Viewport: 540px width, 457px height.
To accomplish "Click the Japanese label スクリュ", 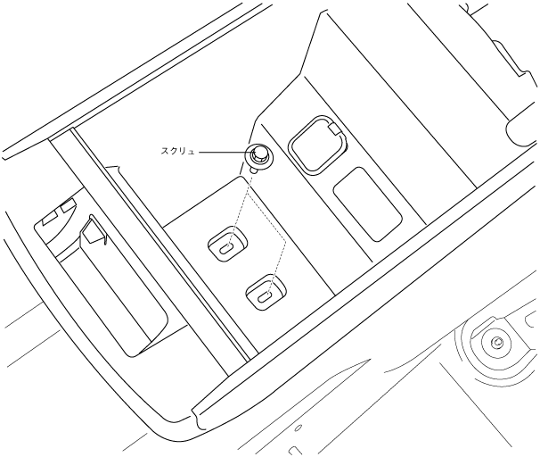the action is pos(176,154).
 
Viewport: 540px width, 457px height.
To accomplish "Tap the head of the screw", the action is pos(259,154).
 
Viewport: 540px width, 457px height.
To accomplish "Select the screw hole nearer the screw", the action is pos(228,243).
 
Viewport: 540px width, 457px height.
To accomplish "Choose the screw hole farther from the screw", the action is pos(265,291).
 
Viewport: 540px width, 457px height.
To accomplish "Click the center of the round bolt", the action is pos(496,342).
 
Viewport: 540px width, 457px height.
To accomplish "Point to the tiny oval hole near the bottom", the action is pos(297,429).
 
